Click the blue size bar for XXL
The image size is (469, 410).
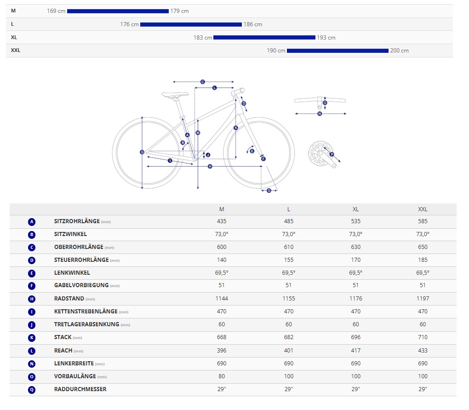click(337, 51)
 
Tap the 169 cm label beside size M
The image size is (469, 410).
click(56, 11)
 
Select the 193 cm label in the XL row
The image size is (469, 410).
click(326, 38)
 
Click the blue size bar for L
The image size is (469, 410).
click(191, 24)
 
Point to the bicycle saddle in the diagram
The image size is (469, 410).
click(175, 95)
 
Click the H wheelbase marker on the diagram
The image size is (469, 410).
click(210, 166)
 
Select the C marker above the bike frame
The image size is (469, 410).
click(202, 82)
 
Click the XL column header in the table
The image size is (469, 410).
click(355, 209)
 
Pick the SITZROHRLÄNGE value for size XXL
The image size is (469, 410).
click(423, 221)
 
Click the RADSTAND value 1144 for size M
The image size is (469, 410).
click(222, 299)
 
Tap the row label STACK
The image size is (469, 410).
click(63, 337)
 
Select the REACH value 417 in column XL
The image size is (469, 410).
click(355, 351)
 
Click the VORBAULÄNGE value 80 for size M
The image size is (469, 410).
click(222, 376)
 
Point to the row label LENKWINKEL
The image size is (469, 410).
click(72, 273)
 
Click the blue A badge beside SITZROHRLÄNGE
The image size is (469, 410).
click(32, 222)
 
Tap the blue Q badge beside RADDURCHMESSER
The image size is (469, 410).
click(32, 389)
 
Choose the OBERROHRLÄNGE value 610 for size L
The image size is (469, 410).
click(289, 247)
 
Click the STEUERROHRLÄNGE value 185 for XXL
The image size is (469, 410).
click(423, 260)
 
